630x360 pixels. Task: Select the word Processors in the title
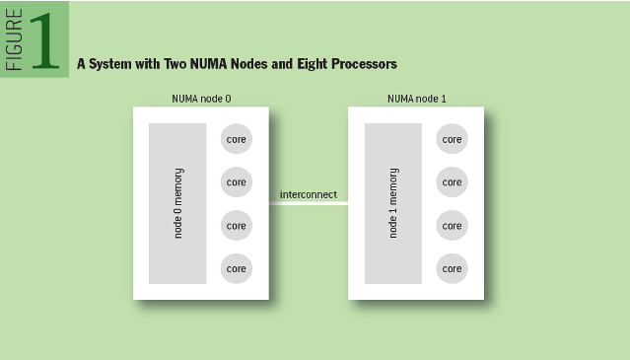[357, 64]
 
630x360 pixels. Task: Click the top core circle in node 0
[237, 139]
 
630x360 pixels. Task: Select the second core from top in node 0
[237, 182]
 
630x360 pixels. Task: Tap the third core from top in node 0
[237, 225]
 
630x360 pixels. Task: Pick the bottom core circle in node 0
[237, 267]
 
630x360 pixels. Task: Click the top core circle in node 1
[452, 139]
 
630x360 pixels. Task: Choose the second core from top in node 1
[452, 182]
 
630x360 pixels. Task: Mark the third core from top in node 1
[452, 225]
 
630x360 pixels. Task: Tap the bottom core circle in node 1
[452, 267]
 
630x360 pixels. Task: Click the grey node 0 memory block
[177, 203]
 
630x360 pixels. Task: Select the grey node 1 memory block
[392, 203]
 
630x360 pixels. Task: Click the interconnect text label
[308, 194]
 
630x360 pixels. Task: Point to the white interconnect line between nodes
[308, 204]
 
